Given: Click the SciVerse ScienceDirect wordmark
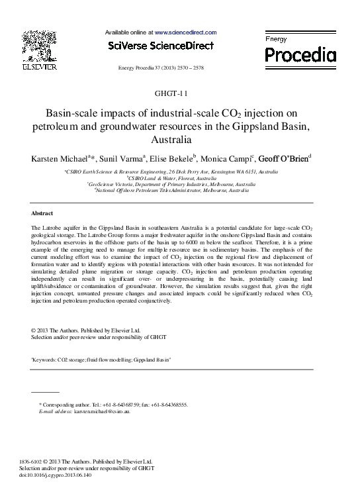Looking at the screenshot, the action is point(160,46).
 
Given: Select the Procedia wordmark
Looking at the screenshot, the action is point(300,54).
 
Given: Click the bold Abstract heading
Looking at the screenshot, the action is point(43,214).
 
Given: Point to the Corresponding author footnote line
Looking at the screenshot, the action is point(114,404).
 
